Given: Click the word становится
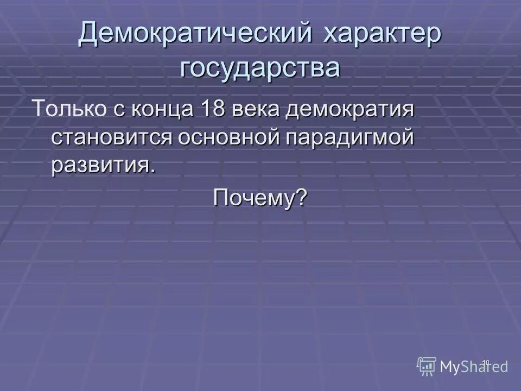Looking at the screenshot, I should [111, 137].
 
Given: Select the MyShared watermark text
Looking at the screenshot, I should [474, 367].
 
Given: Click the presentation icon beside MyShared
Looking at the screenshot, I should [427, 366].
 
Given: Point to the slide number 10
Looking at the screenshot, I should [486, 362].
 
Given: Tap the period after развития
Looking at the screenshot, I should [152, 170].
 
